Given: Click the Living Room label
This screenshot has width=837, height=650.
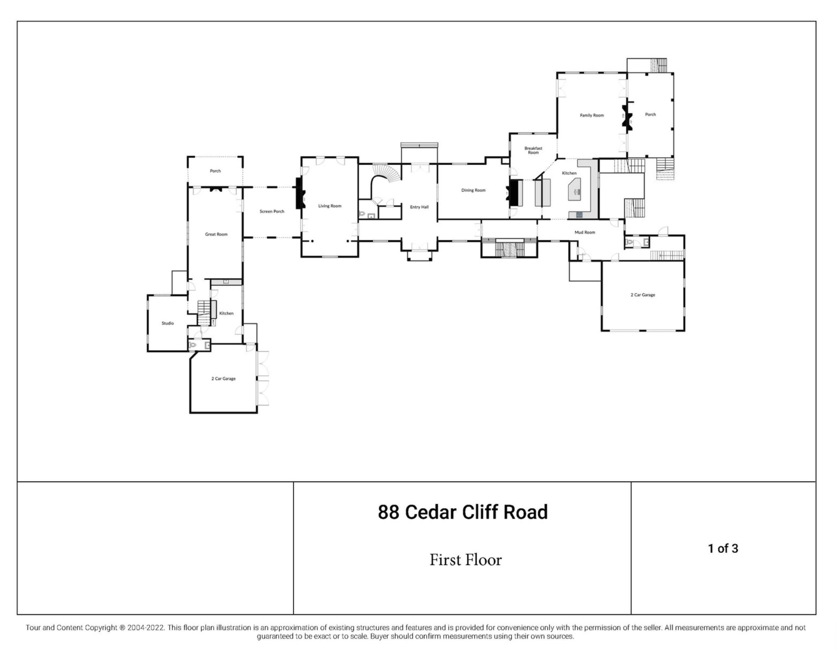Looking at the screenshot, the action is pyautogui.click(x=330, y=206).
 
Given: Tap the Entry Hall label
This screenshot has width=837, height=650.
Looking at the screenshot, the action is pyautogui.click(x=419, y=207).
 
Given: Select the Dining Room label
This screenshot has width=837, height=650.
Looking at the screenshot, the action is pyautogui.click(x=473, y=190).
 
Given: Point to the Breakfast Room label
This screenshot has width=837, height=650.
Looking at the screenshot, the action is pyautogui.click(x=533, y=150).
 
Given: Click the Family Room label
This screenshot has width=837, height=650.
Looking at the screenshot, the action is pyautogui.click(x=592, y=115).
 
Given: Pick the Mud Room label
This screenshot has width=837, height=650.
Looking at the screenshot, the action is pyautogui.click(x=585, y=232).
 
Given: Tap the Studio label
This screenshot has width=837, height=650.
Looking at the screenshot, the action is pyautogui.click(x=168, y=323).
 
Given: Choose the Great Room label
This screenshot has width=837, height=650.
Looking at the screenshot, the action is pyautogui.click(x=216, y=234).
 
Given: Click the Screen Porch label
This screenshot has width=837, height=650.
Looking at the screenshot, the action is pyautogui.click(x=272, y=212).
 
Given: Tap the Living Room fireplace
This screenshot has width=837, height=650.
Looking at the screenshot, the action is pyautogui.click(x=300, y=193).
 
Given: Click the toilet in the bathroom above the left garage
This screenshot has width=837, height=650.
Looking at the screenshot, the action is pyautogui.click(x=193, y=345).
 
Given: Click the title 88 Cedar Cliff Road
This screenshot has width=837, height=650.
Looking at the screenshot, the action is pyautogui.click(x=463, y=512).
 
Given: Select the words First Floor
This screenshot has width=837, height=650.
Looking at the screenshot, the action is pyautogui.click(x=466, y=560).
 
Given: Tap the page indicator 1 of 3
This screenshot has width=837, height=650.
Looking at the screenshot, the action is pyautogui.click(x=723, y=548).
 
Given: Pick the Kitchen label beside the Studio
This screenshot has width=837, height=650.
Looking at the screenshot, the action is pyautogui.click(x=226, y=313).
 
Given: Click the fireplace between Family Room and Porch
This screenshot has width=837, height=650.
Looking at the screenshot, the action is pyautogui.click(x=627, y=116).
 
